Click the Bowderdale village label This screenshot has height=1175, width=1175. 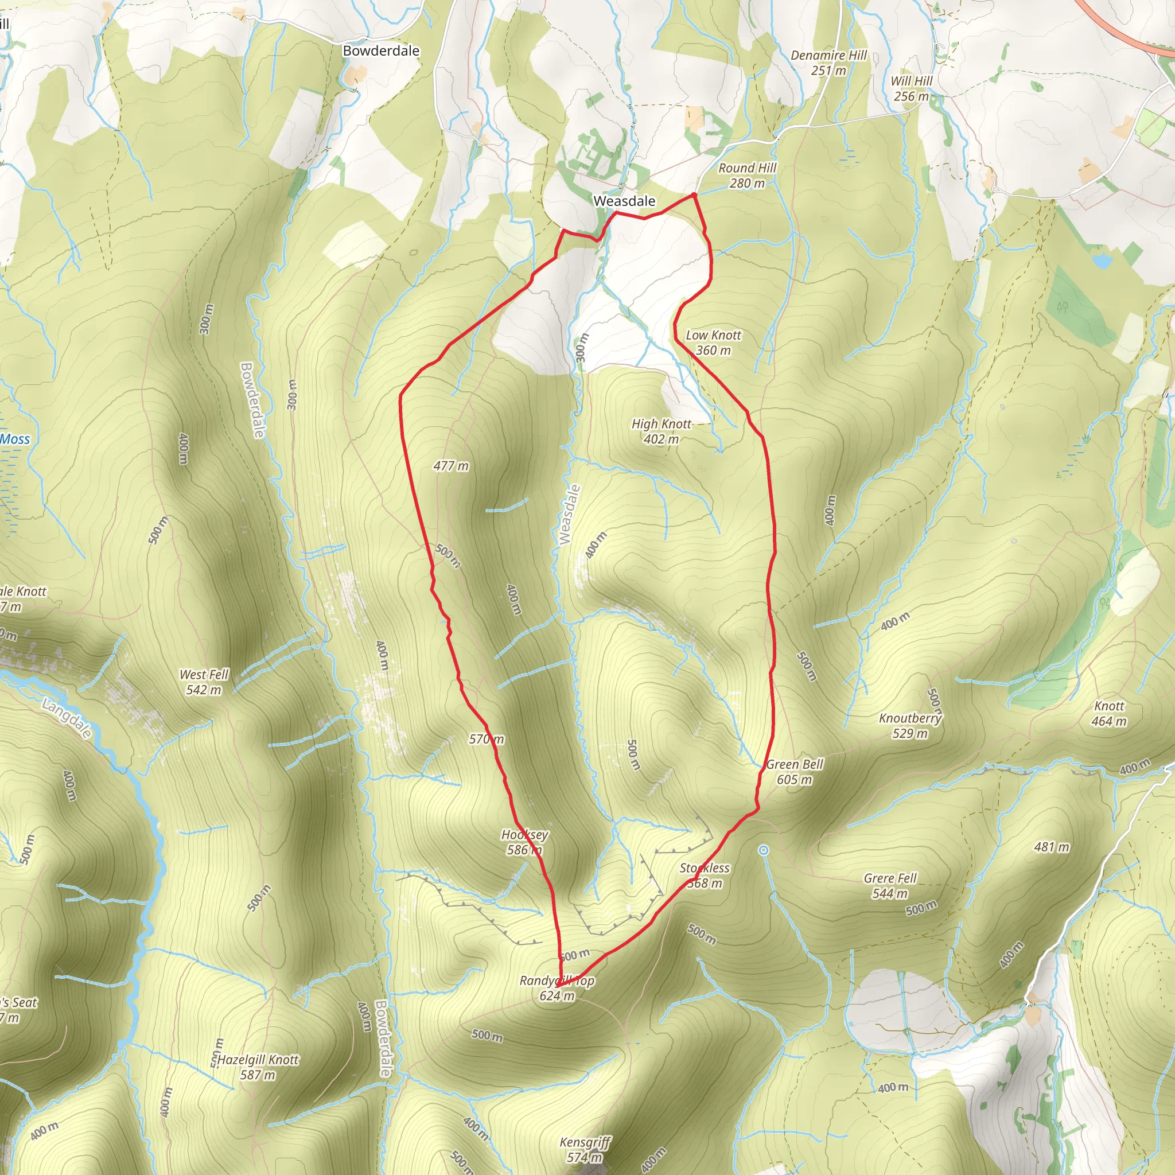coord(381,50)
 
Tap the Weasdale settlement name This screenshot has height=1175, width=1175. coord(624,201)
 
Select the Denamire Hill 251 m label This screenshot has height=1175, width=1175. coord(828,63)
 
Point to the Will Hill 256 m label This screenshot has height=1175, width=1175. coord(911,88)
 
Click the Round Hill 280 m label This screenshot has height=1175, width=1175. coord(748,175)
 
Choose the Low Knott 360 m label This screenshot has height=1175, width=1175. coord(713,343)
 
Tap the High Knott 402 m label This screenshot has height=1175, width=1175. coord(661,431)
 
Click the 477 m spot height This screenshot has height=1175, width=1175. coord(450,466)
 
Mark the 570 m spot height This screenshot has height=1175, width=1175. coord(486,739)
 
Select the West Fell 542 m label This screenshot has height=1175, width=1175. coord(204,682)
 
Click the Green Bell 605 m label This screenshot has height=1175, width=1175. coord(794,772)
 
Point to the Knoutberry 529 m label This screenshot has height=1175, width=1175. coord(910,726)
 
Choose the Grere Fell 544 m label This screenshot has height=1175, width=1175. coord(890,885)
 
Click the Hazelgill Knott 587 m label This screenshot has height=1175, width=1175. coord(258,1067)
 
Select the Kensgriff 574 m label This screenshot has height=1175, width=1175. coord(585,1149)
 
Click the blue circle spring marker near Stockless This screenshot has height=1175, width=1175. coord(764,850)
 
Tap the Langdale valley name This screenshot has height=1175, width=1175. coord(67,718)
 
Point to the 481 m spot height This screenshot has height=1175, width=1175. coord(1052,847)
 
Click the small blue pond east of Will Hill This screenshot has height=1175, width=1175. coord(1102,262)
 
